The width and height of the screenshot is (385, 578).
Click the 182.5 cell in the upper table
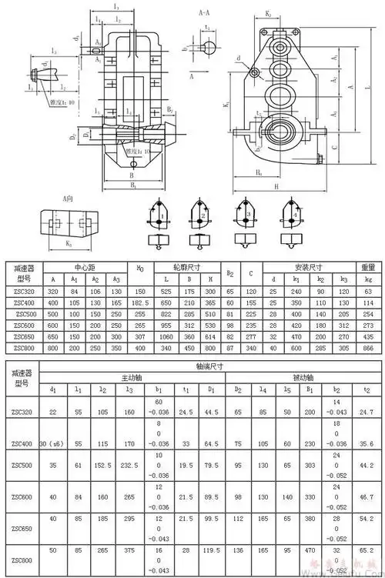(140, 303)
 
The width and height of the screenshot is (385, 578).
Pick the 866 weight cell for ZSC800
(367, 347)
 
